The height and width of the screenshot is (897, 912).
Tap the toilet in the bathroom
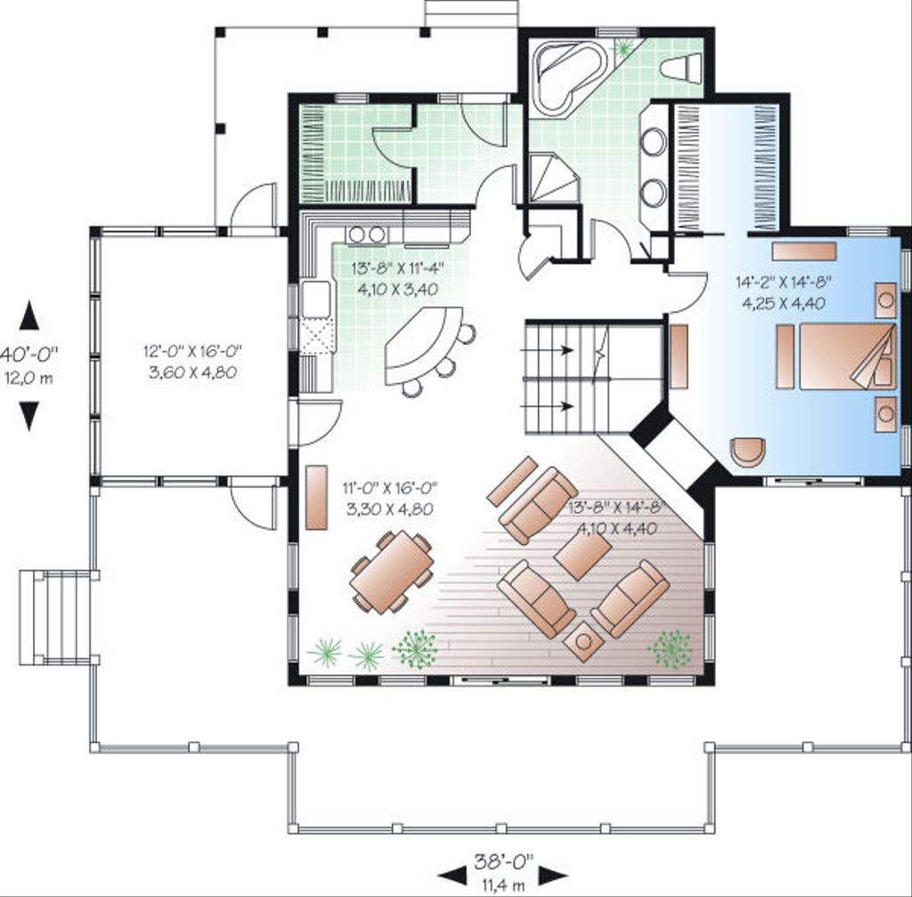pos(682,68)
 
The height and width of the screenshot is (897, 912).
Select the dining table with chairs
pos(392,572)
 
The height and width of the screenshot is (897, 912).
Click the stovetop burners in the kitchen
pos(367,234)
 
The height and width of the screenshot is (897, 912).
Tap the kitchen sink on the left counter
pos(315,298)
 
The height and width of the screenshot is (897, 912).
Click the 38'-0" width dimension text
pos(503,860)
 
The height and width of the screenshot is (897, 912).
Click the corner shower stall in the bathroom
pos(552,177)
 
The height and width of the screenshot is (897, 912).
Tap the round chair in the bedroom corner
pos(747,451)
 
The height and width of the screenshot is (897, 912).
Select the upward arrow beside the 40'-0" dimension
pos(29,314)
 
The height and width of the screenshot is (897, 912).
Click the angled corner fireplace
pos(677,454)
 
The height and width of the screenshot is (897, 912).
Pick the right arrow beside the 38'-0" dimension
pos(551,875)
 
